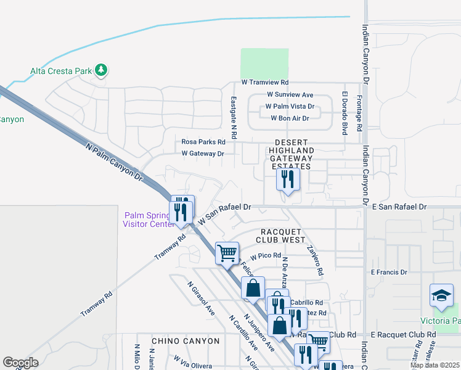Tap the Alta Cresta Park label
click(61, 71)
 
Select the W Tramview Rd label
click(265, 82)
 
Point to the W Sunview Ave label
click(290, 95)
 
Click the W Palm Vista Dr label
click(290, 106)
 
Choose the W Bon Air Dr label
click(290, 118)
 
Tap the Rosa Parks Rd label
click(203, 141)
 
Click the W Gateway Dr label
click(203, 154)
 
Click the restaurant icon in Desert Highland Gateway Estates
click(288, 179)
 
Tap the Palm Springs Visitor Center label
click(149, 220)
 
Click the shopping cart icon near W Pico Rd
click(227, 252)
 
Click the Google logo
click(20, 363)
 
